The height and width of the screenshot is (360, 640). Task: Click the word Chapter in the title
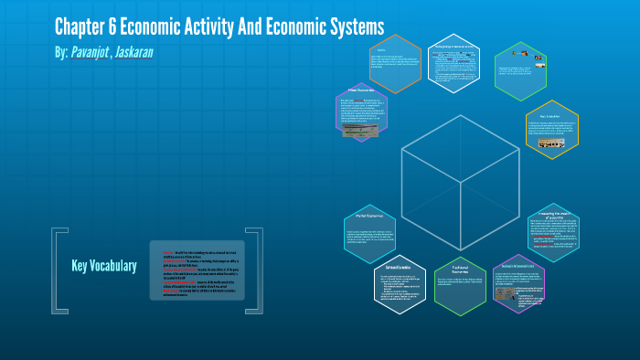(80, 26)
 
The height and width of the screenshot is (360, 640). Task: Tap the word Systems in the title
(354, 26)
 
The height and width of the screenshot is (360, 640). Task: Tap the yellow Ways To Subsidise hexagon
(551, 130)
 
